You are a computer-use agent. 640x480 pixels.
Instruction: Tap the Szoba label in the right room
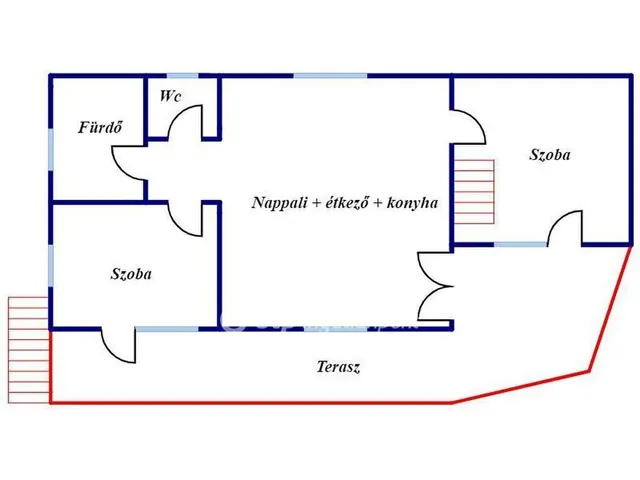coord(549,154)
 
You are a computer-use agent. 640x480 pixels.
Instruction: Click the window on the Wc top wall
coord(183,75)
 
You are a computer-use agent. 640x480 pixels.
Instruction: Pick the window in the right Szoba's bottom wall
coord(521,243)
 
